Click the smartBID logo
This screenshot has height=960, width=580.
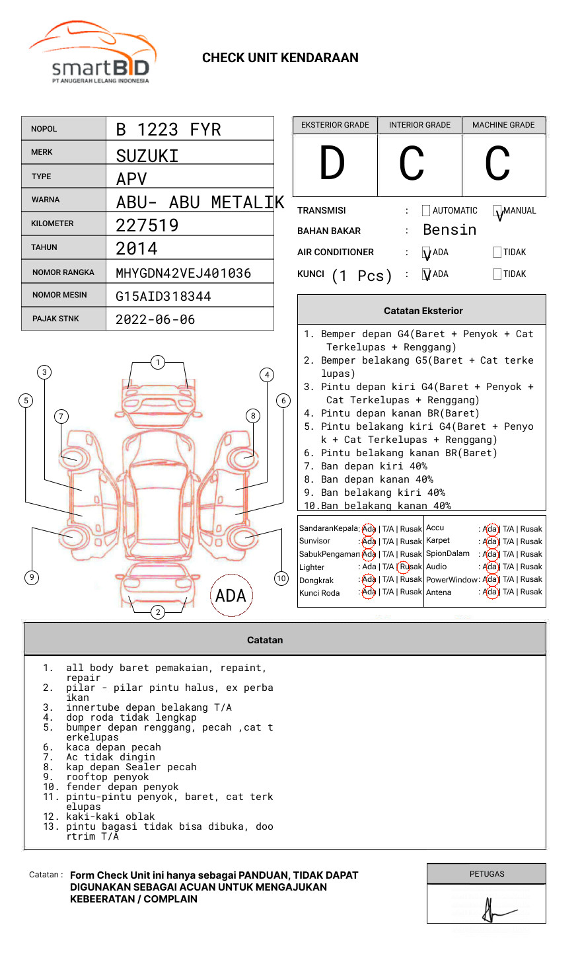coord(93,54)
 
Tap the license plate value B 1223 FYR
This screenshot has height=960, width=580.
coord(168,130)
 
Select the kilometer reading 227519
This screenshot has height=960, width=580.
coord(147,225)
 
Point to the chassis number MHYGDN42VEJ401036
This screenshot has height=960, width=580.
coord(184,273)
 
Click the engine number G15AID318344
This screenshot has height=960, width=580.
coord(163,296)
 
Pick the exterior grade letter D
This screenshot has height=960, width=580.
coord(332,163)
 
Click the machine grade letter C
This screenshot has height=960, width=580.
coord(497,163)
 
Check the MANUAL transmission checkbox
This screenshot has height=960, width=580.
coord(497,212)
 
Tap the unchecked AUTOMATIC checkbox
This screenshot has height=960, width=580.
coord(426,211)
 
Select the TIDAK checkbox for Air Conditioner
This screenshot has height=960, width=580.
coord(497,253)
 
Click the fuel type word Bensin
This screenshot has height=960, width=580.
coord(449,230)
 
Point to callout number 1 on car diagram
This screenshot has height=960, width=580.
coord(157,362)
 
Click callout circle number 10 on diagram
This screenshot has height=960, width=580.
coord(281,579)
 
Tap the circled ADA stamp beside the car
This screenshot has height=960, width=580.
coord(231,595)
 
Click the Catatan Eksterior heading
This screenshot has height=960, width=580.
coord(423,311)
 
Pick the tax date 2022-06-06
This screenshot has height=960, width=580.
coord(155,319)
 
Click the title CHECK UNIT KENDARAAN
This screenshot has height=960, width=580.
coord(280,58)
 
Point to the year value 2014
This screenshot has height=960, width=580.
coord(137,249)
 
